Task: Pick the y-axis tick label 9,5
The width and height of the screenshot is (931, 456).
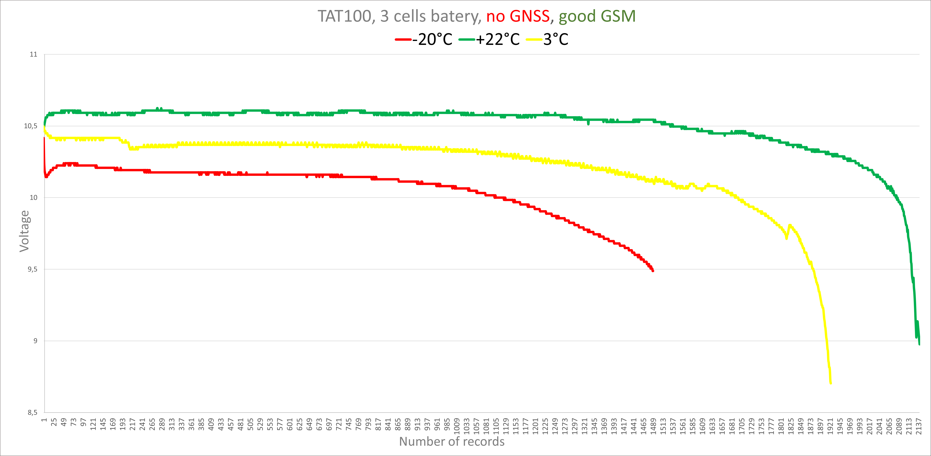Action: pyautogui.click(x=32, y=269)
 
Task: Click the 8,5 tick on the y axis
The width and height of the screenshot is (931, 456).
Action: pyautogui.click(x=32, y=412)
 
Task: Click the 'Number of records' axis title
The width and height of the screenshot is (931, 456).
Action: pyautogui.click(x=452, y=442)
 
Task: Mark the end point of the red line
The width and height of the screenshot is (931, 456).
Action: pyautogui.click(x=653, y=271)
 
